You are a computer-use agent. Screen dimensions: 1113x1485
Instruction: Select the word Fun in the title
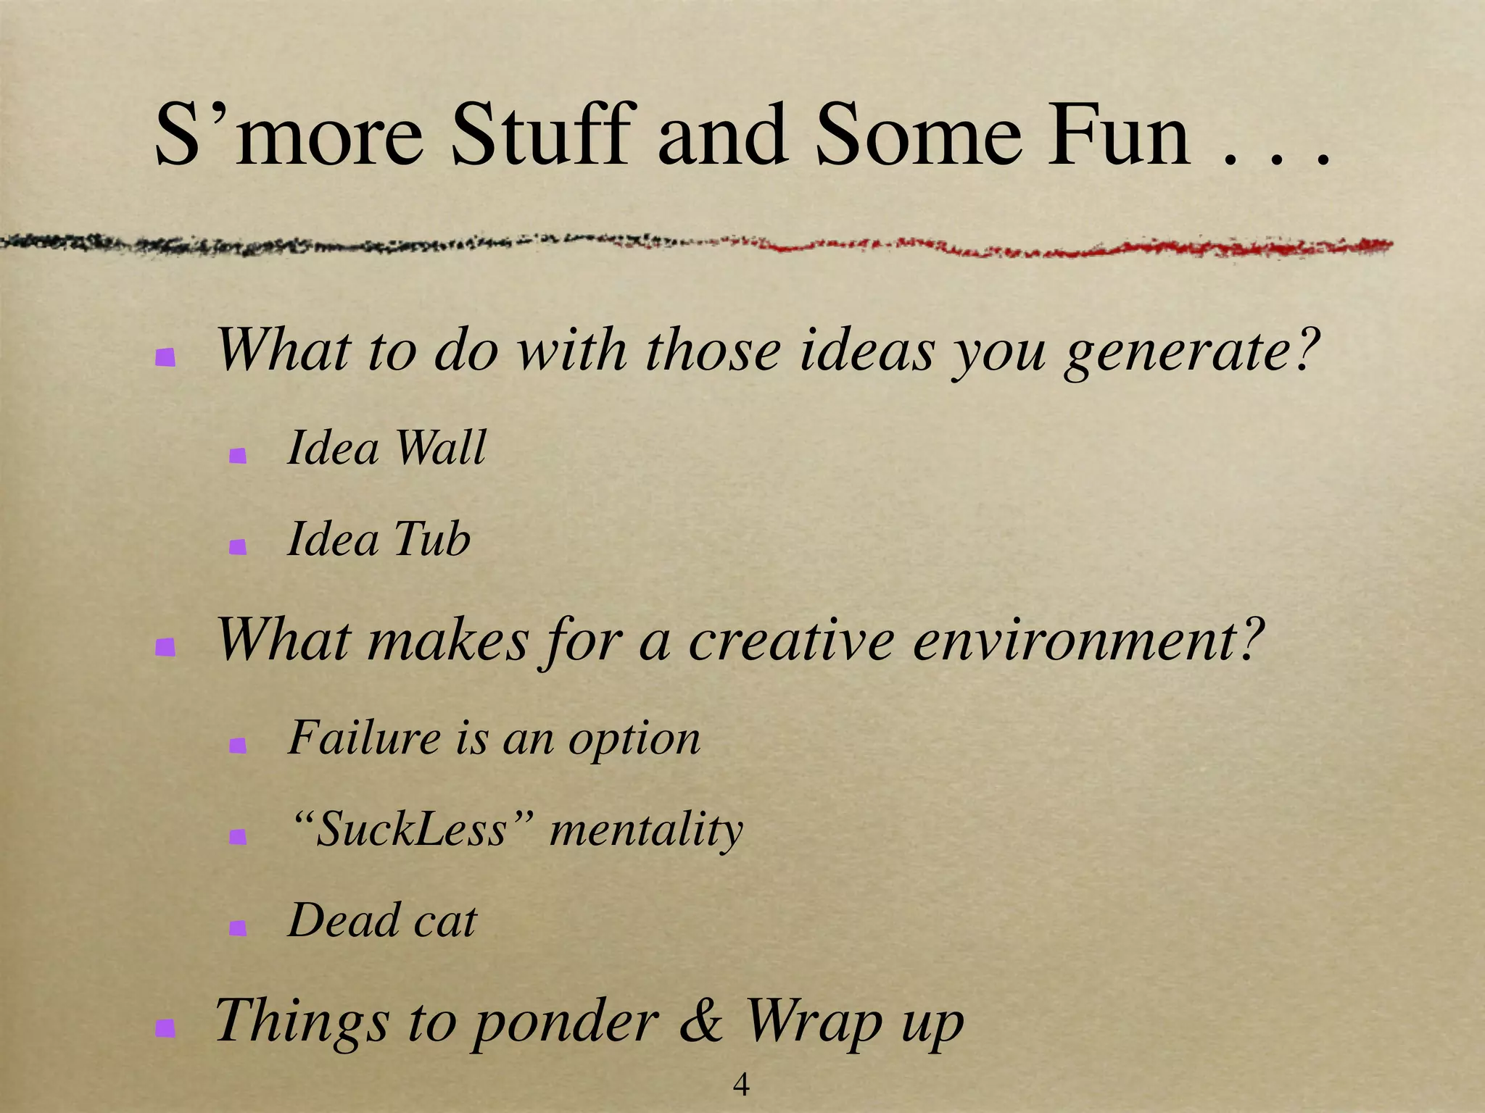(1117, 135)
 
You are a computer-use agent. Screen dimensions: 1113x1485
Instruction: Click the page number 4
(741, 1084)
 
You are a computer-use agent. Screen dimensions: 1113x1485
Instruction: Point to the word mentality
(646, 830)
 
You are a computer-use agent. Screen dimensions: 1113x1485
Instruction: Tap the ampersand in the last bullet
(700, 1020)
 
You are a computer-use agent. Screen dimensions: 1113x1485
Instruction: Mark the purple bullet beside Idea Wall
(237, 456)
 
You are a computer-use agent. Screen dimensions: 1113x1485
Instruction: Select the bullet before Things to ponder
(165, 1027)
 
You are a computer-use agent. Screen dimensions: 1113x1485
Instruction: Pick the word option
(634, 740)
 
